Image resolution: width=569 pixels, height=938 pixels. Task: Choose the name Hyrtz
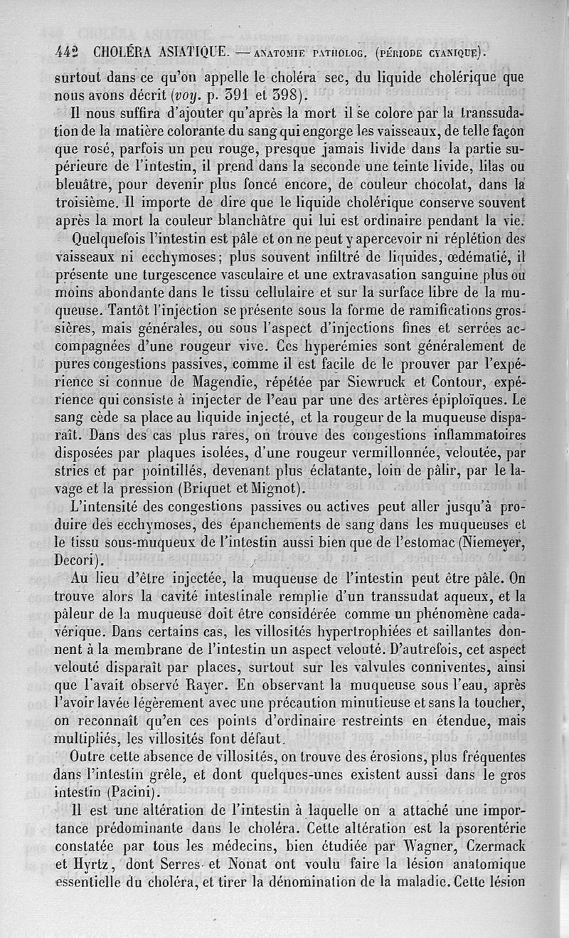(95, 865)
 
